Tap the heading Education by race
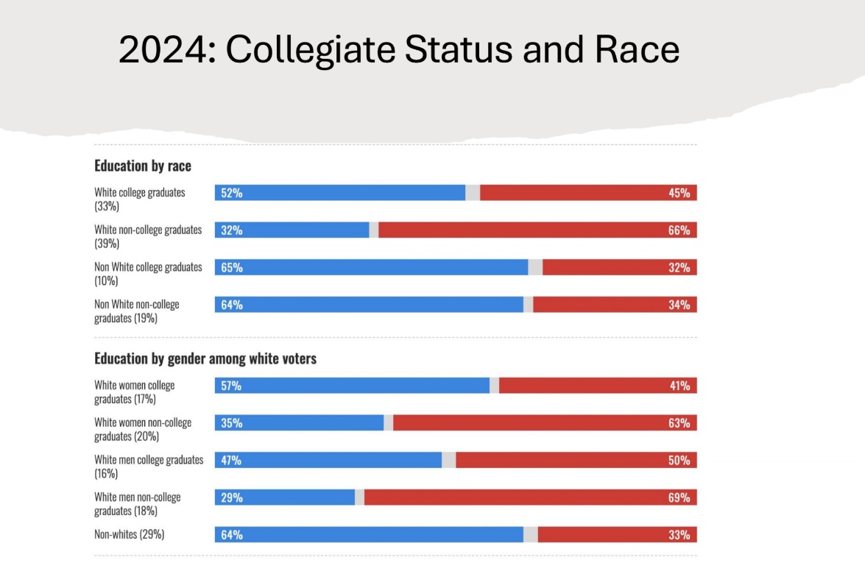pos(143,166)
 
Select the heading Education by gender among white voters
pos(205,359)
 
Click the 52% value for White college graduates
pos(232,193)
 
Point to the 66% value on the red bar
pos(679,230)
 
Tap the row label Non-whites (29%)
pos(129,534)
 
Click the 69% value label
pos(679,498)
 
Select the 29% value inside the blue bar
pos(232,498)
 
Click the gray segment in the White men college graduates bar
pos(448,460)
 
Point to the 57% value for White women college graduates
pos(232,386)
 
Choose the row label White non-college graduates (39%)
pos(147,236)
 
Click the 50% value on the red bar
pos(679,460)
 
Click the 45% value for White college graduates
pos(679,193)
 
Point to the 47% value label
pos(232,460)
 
